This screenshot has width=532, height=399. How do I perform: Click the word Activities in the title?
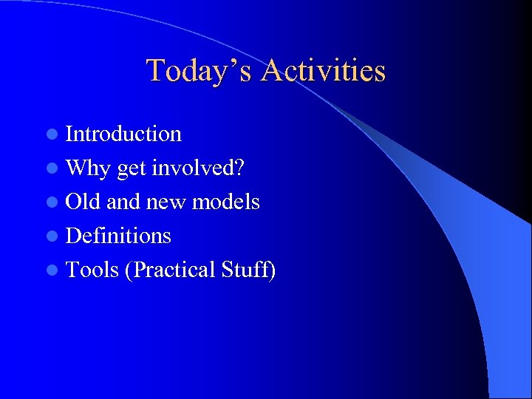coord(323,71)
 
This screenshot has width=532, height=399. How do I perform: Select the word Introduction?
coord(123,134)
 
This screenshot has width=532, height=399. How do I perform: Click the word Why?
coord(88,168)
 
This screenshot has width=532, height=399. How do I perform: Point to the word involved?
coord(198,168)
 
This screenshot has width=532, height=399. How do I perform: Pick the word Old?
coord(83,202)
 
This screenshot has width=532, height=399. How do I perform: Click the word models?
coord(225,202)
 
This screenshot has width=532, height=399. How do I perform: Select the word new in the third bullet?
coord(167,202)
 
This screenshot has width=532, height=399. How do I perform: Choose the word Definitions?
coord(118,236)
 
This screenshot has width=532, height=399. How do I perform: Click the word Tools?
coord(92,270)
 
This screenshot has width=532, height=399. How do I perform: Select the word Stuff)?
coord(248,270)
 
